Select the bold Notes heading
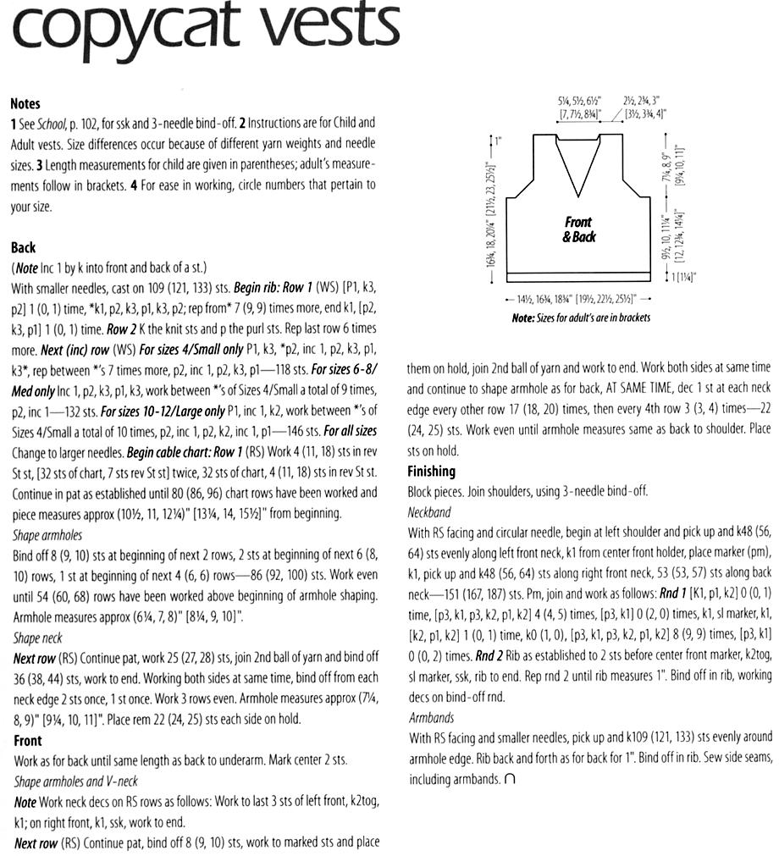pos(25,103)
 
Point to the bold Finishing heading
pos(431,472)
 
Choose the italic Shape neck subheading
pos(38,638)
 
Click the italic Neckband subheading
pos(429,512)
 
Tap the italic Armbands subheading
pos(430,717)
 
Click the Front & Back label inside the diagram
pos(578,229)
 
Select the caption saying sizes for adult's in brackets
pos(581,318)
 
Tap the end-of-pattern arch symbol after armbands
pos(509,778)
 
